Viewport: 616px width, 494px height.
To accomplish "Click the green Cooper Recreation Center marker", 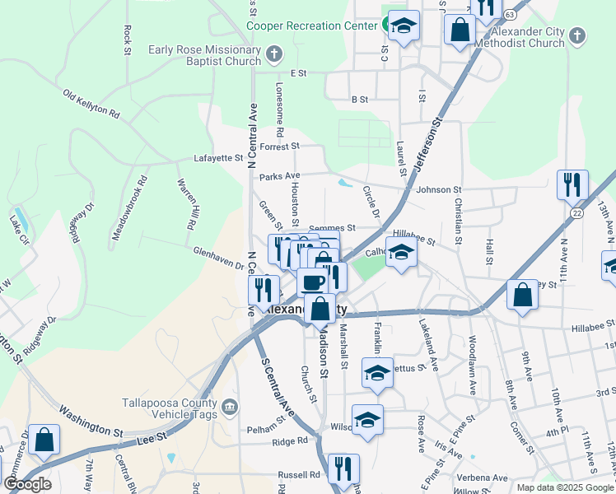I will pyautogui.click(x=385, y=26).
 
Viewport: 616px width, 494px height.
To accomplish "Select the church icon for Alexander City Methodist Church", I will pyautogui.click(x=577, y=35).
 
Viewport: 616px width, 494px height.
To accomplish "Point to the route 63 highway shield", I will pyautogui.click(x=511, y=15).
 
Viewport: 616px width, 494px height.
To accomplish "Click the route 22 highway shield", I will pyautogui.click(x=577, y=212).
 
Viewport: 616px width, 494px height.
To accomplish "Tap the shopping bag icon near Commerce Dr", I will pyautogui.click(x=44, y=439).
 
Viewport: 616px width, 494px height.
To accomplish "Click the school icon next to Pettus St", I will pyautogui.click(x=377, y=373).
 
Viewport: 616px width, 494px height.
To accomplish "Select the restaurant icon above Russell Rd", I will pyautogui.click(x=343, y=468).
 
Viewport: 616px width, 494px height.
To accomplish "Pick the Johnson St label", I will pyautogui.click(x=438, y=190).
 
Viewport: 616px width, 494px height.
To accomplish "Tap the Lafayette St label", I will pyautogui.click(x=218, y=157).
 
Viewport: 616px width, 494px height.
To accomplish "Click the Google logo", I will pyautogui.click(x=28, y=484).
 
